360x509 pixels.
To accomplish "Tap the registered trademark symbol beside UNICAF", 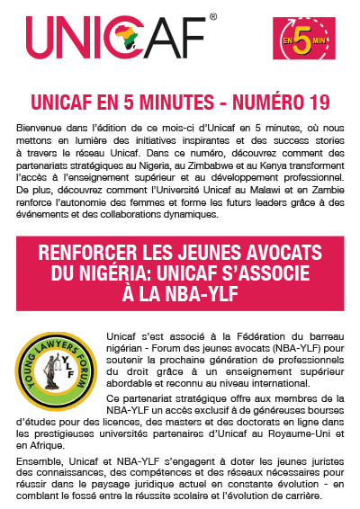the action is tap(213, 16).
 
